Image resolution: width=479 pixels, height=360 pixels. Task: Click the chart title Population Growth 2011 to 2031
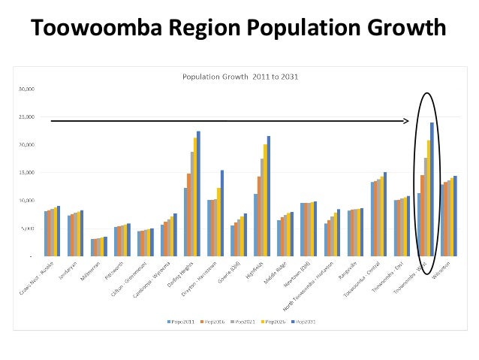[238, 76]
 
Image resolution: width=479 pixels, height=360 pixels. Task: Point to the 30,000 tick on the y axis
[28, 88]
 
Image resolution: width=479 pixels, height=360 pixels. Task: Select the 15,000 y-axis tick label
[28, 173]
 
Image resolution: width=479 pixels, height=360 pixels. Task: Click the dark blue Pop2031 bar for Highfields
[268, 196]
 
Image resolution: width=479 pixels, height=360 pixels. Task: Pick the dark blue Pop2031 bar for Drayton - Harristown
[222, 213]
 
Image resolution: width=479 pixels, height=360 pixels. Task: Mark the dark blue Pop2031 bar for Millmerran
[106, 247]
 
